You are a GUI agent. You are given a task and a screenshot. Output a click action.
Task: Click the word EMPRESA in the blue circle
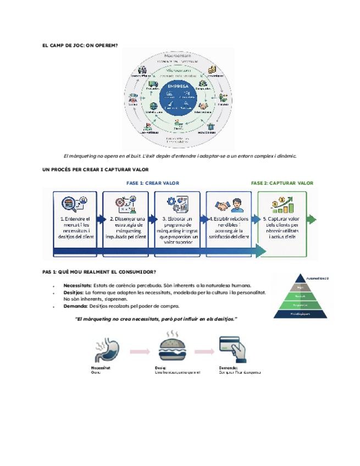tap(177, 86)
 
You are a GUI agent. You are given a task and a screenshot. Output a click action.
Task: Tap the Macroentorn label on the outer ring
tap(178, 56)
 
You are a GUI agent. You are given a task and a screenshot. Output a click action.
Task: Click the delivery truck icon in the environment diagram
tap(153, 85)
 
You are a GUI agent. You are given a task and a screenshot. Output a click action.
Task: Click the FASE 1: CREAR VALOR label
tap(152, 183)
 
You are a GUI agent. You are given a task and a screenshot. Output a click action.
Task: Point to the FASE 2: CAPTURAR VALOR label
tap(282, 183)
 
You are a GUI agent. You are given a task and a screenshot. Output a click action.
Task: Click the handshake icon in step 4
tap(223, 206)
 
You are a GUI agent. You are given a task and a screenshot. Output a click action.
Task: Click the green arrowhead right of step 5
tap(312, 220)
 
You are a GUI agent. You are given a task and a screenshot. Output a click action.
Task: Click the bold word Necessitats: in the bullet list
tap(77, 286)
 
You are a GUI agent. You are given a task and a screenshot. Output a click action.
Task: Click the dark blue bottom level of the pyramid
tap(300, 314)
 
